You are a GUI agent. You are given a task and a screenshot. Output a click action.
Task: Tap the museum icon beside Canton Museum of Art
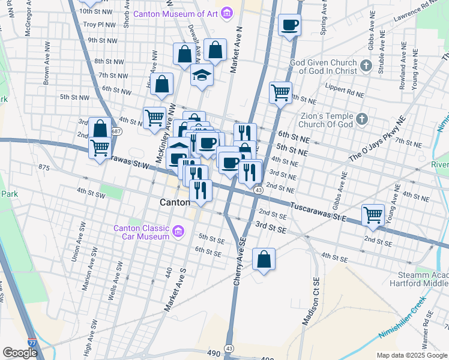[x=226, y=13]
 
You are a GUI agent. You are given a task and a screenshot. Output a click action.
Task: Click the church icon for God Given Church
[x=365, y=65]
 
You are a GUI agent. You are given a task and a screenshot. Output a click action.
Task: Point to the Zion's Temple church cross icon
[x=361, y=119]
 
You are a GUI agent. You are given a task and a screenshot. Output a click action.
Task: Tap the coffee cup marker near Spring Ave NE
[x=289, y=26]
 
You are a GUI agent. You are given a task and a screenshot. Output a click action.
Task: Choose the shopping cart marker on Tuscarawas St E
[x=373, y=215]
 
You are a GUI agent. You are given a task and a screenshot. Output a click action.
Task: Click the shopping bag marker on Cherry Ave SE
[x=264, y=259]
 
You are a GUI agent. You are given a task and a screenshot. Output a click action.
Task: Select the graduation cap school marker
[x=202, y=76]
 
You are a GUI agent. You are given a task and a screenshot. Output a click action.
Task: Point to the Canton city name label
[x=175, y=203]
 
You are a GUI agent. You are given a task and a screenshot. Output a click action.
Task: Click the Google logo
[x=20, y=353]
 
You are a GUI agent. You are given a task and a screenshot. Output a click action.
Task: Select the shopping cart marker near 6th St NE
[x=280, y=93]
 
